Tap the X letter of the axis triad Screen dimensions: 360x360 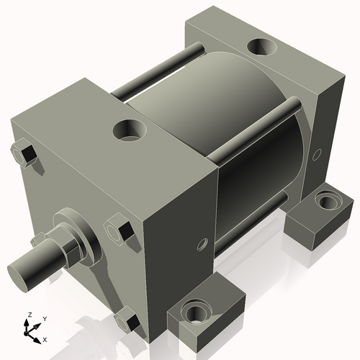click(44, 338)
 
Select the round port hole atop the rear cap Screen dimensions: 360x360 click(260, 48)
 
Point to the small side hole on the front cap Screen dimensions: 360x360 click(202, 243)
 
